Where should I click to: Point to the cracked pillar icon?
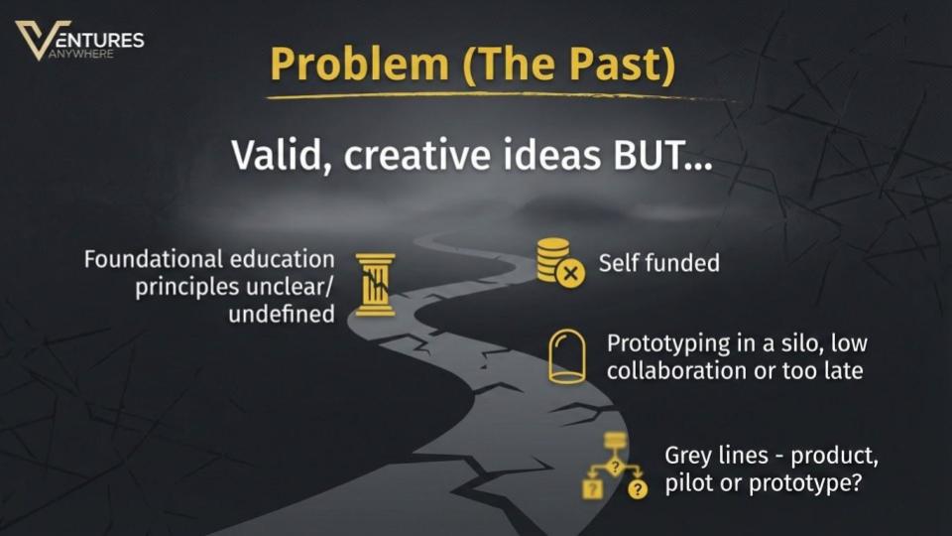[375, 284]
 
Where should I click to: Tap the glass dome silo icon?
[565, 356]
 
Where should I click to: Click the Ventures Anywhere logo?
[79, 41]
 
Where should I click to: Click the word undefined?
[281, 315]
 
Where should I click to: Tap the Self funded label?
[658, 263]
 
